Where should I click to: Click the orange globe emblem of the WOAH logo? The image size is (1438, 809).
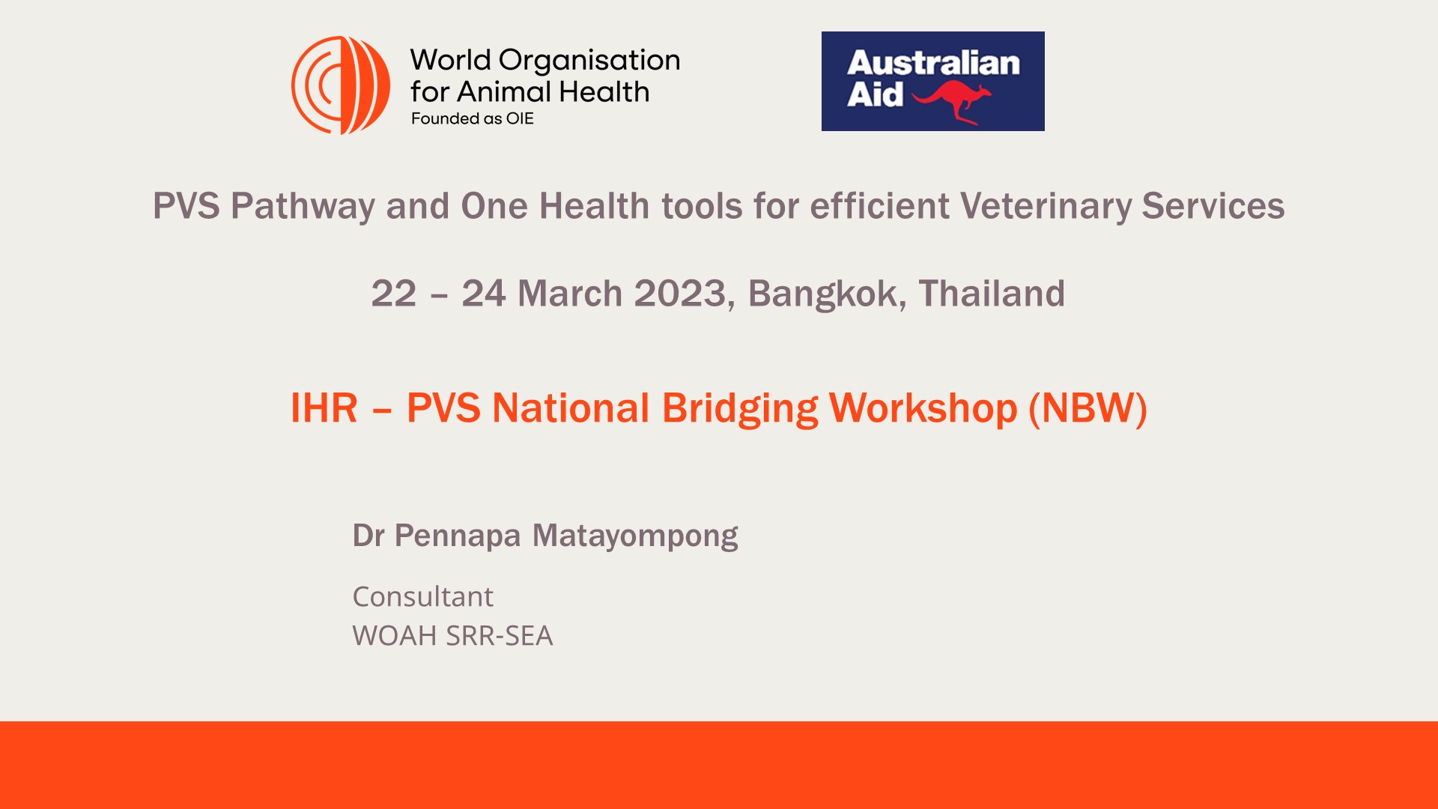pyautogui.click(x=341, y=85)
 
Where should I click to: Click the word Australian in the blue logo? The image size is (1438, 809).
pyautogui.click(x=933, y=63)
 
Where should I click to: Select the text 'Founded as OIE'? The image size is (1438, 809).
pyautogui.click(x=472, y=118)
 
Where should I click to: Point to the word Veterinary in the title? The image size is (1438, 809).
pyautogui.click(x=1046, y=207)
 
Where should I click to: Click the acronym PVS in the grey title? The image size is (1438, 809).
pyautogui.click(x=186, y=206)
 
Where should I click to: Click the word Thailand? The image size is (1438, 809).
pyautogui.click(x=992, y=293)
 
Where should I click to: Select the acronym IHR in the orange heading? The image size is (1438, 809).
pyautogui.click(x=324, y=408)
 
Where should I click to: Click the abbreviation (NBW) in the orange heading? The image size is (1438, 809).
pyautogui.click(x=1087, y=409)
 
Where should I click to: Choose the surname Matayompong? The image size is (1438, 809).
pyautogui.click(x=635, y=536)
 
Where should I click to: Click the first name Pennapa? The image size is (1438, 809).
pyautogui.click(x=457, y=536)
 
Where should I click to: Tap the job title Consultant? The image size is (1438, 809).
pyautogui.click(x=422, y=597)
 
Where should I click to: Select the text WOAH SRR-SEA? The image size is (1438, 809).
pyautogui.click(x=452, y=636)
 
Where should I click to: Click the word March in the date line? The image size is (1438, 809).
pyautogui.click(x=569, y=294)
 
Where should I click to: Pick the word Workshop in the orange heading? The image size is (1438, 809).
pyautogui.click(x=923, y=409)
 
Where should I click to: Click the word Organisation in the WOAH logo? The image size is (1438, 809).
pyautogui.click(x=589, y=61)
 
